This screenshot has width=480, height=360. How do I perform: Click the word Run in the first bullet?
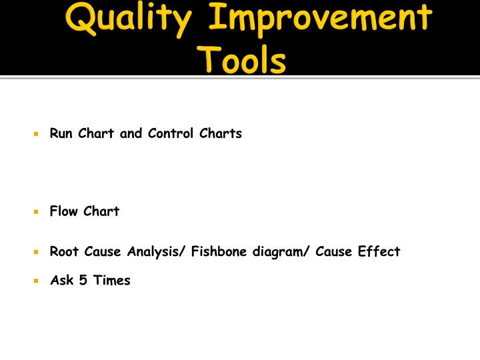[61, 133]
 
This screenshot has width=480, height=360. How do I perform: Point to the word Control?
[170, 133]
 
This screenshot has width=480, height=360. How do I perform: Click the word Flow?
[64, 211]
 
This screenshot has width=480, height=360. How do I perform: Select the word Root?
[64, 251]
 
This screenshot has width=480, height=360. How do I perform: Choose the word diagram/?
[282, 252]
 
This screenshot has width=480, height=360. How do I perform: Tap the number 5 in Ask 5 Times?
[83, 280]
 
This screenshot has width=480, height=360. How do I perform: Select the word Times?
[112, 280]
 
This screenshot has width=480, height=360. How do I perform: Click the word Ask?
[63, 280]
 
